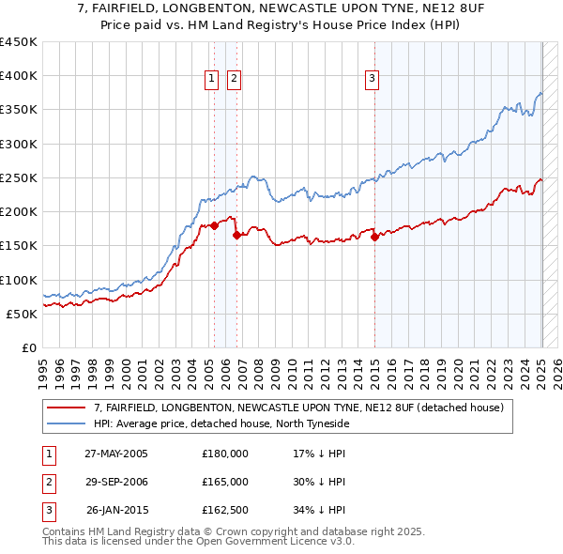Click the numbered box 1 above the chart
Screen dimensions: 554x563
[212, 79]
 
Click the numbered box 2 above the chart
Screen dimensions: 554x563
[234, 79]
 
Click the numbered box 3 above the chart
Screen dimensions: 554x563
[373, 79]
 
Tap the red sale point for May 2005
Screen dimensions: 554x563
[214, 225]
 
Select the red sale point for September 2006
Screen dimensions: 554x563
[236, 236]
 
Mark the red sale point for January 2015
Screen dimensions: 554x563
[374, 238]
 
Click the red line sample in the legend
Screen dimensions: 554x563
[68, 408]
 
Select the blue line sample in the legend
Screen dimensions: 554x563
[68, 423]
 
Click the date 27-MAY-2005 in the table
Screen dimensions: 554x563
[116, 454]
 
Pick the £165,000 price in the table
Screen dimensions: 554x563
[225, 482]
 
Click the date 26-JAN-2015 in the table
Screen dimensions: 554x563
[117, 511]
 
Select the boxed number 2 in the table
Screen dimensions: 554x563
[48, 482]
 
